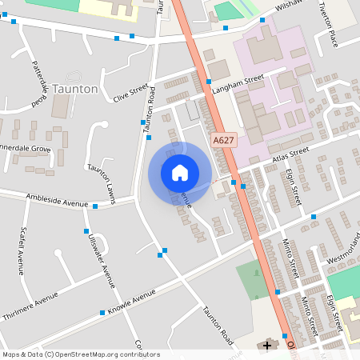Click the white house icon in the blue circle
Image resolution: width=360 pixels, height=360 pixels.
point(180,172)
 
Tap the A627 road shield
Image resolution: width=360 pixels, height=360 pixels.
point(223,140)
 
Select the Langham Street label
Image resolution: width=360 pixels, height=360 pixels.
point(242,80)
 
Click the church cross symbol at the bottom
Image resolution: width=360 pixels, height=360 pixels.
point(266,346)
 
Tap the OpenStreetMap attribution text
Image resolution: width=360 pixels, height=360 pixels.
point(80,354)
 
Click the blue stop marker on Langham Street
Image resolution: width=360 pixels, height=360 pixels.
point(208,82)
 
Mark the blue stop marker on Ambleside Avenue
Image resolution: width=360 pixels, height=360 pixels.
point(95,206)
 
